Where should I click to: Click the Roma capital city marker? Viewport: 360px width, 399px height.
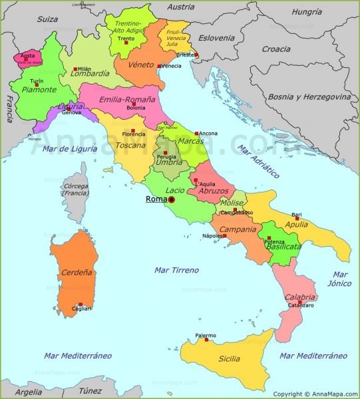pos(171,199)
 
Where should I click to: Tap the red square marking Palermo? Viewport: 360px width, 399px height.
pos(206,340)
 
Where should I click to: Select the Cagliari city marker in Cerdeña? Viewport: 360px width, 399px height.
pos(81,304)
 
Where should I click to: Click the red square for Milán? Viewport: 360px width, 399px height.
pos(75,68)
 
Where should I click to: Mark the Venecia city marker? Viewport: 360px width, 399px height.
pos(158,66)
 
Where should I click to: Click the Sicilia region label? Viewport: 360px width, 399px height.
pos(229,358)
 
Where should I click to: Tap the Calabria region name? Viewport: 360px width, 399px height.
pos(300,297)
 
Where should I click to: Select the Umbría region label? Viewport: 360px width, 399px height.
pos(165,162)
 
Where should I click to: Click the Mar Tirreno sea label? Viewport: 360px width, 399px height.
pos(176,269)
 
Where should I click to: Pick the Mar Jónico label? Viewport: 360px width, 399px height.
pos(341,279)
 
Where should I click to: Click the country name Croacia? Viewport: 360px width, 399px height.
pos(275,49)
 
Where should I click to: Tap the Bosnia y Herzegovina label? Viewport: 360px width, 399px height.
pos(309,96)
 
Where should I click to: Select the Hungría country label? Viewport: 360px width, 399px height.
pos(307,11)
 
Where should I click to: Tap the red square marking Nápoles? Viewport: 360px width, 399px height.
pos(224,235)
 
